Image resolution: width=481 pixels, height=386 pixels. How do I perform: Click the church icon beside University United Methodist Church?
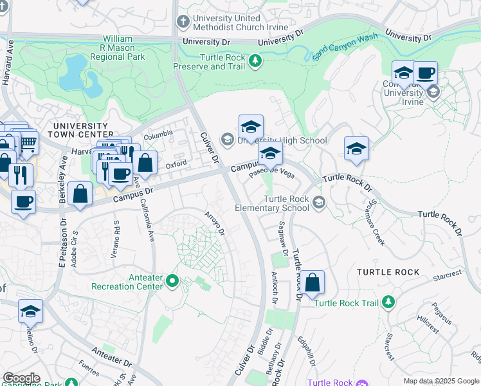click(183, 22)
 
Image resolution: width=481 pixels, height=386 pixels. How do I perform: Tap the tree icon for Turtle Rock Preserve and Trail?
click(256, 61)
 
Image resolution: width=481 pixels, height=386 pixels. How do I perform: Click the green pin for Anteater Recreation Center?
click(172, 280)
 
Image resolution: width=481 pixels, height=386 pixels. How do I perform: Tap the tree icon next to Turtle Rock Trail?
click(388, 302)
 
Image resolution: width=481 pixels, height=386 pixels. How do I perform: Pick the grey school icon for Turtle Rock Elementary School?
click(318, 203)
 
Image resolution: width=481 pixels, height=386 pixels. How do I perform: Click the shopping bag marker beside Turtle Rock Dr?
click(312, 283)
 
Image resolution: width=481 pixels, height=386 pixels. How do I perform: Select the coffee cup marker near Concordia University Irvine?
click(425, 73)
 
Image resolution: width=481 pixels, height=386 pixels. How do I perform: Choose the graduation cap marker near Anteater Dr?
click(30, 312)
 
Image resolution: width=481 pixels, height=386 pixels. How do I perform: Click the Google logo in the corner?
click(21, 378)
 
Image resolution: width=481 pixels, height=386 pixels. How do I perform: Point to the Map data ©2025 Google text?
click(441, 381)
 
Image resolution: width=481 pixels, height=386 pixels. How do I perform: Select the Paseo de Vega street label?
click(271, 174)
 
